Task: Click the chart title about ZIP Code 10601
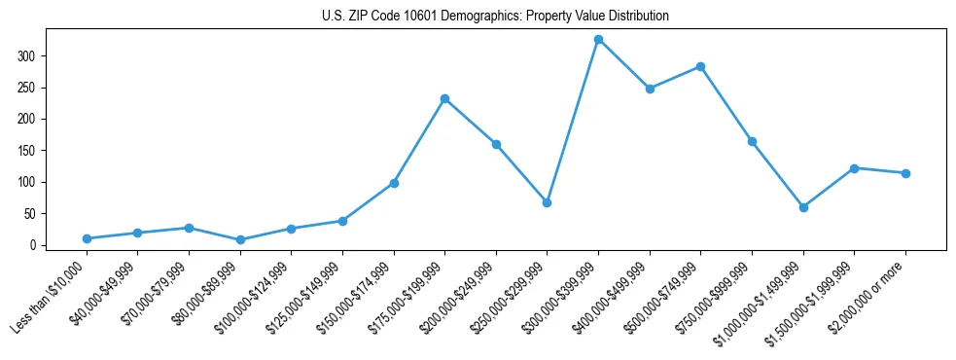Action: [x=495, y=17]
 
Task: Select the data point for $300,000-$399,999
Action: [x=598, y=40]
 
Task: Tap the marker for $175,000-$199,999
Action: [x=444, y=98]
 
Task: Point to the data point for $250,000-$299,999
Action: [x=547, y=202]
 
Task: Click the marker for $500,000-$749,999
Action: [x=700, y=66]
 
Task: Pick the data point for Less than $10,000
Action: [x=87, y=238]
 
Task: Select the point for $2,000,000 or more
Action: [x=905, y=173]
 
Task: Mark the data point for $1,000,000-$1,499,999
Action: [x=803, y=207]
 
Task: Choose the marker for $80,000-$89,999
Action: [x=240, y=239]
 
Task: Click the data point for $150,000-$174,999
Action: [x=394, y=183]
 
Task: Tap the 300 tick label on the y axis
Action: [x=26, y=56]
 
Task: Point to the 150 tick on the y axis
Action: [x=26, y=151]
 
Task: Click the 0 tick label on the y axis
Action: [x=32, y=245]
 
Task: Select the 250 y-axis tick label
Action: [x=26, y=88]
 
